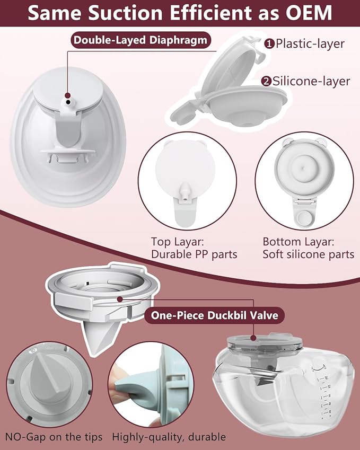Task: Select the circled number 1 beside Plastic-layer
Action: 269,44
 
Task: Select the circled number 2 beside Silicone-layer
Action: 267,81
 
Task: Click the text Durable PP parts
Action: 194,255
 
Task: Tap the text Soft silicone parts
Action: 308,255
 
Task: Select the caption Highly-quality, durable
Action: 169,437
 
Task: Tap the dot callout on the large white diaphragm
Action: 68,99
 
